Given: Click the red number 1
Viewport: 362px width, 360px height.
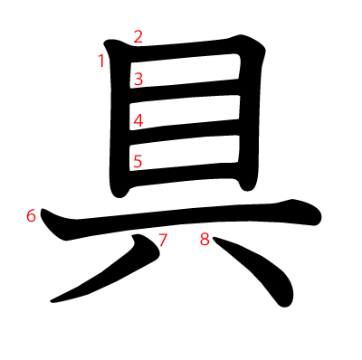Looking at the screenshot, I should tap(101, 61).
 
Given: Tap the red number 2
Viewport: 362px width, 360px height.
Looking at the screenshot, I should tap(138, 37).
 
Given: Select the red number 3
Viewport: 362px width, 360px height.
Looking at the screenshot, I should tap(138, 79).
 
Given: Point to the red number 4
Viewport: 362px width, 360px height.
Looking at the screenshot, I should tap(138, 120).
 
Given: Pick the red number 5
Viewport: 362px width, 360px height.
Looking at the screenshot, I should tap(138, 162).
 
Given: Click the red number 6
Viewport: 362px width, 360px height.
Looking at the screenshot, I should tap(32, 216).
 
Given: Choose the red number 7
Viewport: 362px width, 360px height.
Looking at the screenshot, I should tap(163, 240).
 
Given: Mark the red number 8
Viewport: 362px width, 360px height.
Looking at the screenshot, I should tap(205, 240).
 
